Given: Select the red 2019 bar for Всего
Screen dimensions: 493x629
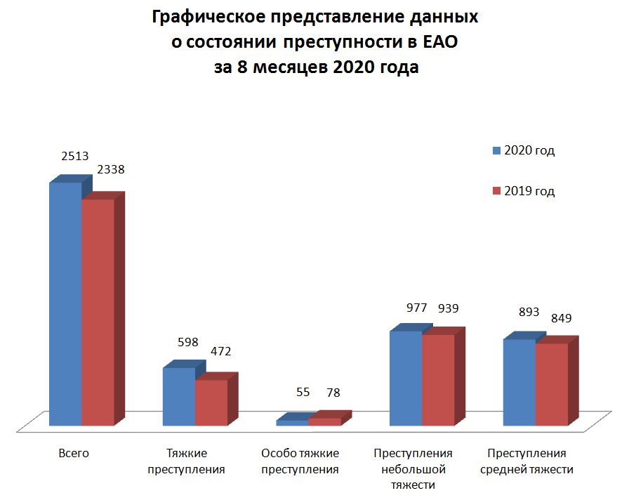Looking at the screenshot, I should (98, 313).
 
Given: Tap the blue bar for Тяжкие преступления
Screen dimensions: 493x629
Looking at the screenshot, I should (178, 396).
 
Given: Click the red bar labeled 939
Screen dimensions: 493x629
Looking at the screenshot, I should (438, 380).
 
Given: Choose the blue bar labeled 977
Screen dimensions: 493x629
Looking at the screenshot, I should (406, 378).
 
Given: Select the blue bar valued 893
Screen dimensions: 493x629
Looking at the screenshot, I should (519, 382).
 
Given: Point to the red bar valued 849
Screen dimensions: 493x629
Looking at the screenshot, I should (551, 384).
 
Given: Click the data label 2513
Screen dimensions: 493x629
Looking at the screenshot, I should (75, 156).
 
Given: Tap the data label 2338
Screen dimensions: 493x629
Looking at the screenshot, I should (111, 169).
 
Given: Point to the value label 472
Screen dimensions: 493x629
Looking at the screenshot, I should (221, 351).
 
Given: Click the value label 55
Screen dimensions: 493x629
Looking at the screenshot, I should (303, 393).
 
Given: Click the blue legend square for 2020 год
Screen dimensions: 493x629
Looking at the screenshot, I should (496, 151).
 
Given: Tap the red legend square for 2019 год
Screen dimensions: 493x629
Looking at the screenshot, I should (496, 192).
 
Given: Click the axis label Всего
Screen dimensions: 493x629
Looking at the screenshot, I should (74, 454).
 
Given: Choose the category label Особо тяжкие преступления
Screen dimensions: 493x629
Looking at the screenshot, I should (300, 461).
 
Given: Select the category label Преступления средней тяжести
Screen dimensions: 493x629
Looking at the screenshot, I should (527, 461).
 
